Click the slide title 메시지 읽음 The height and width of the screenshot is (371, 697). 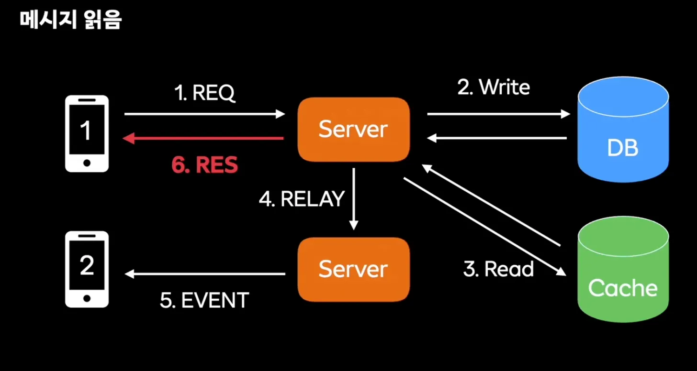coord(71,21)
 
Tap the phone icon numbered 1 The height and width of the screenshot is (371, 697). coord(87,133)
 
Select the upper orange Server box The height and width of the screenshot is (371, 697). coord(353,129)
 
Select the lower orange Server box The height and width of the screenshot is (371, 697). coord(353,269)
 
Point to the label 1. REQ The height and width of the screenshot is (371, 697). coord(204,94)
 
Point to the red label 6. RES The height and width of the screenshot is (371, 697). coord(204,165)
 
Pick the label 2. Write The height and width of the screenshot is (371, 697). coord(494,87)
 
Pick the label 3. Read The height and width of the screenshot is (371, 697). coord(498,269)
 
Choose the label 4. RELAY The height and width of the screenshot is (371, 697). coord(302,199)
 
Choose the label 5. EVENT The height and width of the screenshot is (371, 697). coord(204,300)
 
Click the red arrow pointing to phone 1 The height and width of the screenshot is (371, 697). coord(203,139)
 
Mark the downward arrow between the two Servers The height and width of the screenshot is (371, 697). coord(354,199)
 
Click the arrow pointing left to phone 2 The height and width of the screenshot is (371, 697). coord(204,274)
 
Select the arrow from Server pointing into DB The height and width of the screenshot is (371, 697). coord(498,114)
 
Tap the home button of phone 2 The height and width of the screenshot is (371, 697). coord(87,298)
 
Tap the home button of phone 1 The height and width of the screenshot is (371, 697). coord(87,163)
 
